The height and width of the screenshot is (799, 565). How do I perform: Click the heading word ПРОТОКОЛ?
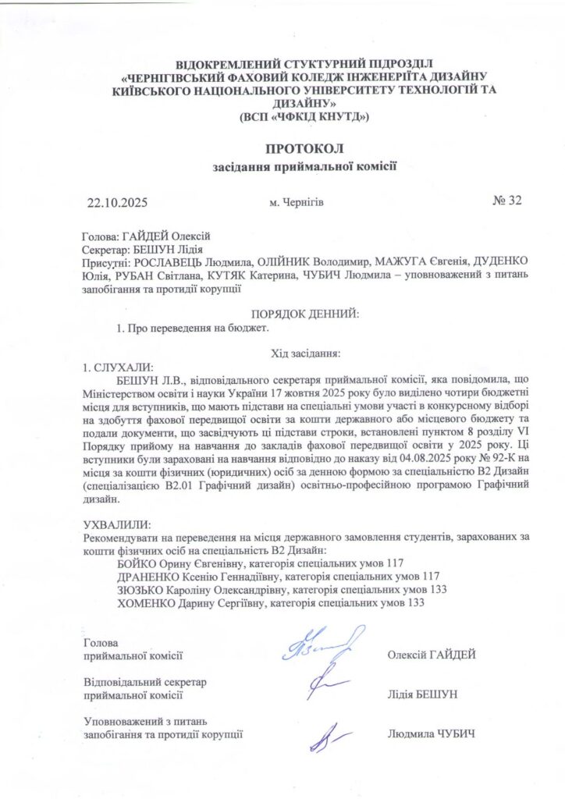tap(304, 148)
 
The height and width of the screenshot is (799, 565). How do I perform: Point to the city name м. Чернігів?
tap(297, 203)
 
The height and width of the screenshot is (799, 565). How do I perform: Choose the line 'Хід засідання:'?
tap(304, 353)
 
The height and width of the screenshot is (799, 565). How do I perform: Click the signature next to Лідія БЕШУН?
tap(323, 685)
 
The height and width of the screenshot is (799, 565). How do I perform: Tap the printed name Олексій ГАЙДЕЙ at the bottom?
tap(432, 655)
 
